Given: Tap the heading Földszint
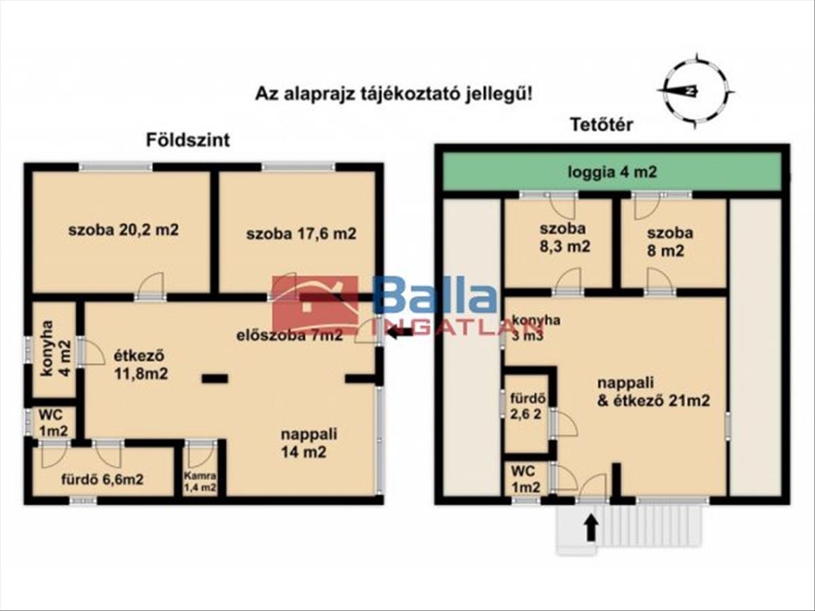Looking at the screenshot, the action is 188,141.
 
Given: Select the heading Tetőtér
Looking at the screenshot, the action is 602,125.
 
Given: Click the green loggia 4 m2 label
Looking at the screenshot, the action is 613,172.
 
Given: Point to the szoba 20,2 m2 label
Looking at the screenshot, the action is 124,230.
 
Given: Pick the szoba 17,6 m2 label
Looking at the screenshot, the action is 301,234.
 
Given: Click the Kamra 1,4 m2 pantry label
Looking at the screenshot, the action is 200,481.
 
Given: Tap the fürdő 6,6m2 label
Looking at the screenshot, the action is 102,479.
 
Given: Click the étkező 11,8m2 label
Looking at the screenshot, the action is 141,365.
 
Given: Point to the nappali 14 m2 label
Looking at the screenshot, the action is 309,443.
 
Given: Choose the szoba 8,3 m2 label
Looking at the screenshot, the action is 564,238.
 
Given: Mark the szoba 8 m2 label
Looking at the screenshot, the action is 670,242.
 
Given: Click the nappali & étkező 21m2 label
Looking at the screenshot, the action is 653,392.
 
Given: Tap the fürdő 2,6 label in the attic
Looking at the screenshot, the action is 528,406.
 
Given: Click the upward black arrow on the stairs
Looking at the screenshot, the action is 592,529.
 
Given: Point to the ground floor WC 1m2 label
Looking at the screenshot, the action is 54,422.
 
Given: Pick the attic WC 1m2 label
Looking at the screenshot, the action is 526,479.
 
